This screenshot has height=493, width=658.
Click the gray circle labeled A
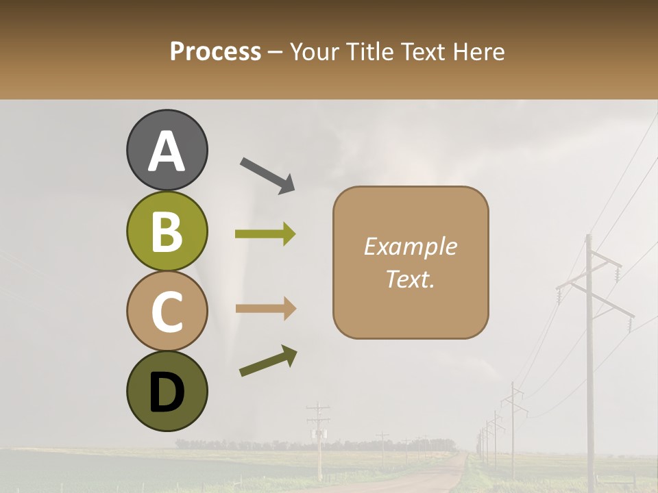(x=167, y=150)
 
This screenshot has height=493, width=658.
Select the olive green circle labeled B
(x=167, y=231)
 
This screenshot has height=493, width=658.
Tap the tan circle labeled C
(x=167, y=311)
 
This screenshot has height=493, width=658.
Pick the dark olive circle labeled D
(x=167, y=391)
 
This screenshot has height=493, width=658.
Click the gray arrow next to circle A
(x=267, y=175)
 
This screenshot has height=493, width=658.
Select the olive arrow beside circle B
(x=265, y=234)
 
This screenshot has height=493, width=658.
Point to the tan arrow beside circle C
(x=265, y=308)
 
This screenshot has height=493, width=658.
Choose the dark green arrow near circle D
(x=268, y=361)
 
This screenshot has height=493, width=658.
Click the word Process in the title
(x=215, y=51)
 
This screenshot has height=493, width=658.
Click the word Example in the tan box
(x=410, y=246)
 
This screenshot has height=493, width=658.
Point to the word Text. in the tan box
(x=410, y=279)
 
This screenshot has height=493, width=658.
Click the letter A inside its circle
(x=167, y=151)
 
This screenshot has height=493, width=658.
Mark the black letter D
(x=167, y=392)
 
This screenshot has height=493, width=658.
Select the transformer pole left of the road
(x=318, y=438)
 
